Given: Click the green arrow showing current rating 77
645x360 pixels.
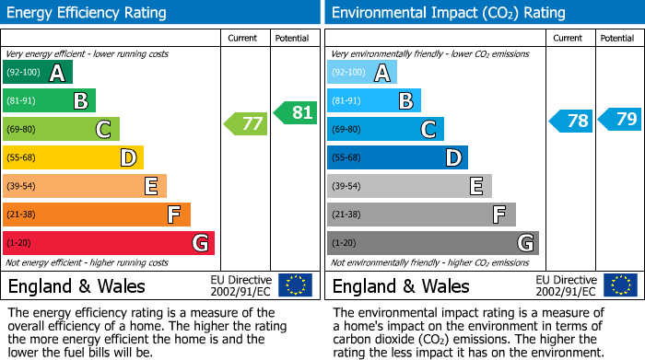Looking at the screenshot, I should click(246, 123).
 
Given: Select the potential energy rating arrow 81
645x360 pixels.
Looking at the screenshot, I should click(295, 112).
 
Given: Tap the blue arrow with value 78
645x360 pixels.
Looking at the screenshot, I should click(571, 121).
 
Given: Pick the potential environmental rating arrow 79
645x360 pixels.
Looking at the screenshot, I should click(620, 119).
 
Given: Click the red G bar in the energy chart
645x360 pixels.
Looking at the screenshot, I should click(109, 243).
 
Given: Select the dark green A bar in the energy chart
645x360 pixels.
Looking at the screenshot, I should click(38, 73).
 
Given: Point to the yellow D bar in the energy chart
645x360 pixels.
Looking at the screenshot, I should click(73, 158).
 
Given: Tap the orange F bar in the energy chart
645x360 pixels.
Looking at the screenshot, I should click(97, 215).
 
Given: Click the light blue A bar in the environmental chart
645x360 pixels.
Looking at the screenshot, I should click(362, 73).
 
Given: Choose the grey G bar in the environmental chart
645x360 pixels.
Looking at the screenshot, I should click(432, 243).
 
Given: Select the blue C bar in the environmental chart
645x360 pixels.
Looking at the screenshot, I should click(385, 130).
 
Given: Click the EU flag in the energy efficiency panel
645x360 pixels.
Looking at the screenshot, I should click(295, 285).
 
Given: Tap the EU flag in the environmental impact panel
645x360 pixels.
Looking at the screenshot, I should click(620, 285).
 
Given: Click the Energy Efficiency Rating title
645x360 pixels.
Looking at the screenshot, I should click(88, 13).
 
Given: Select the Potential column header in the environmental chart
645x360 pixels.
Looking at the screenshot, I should click(617, 38).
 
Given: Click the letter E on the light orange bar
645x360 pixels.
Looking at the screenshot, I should click(150, 187).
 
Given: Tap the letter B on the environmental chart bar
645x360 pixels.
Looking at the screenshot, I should click(405, 101).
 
